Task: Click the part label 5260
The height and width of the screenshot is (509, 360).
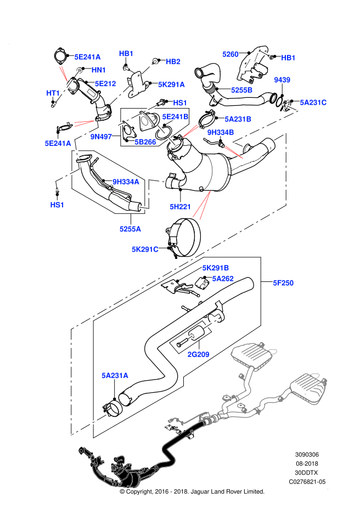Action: [230, 54]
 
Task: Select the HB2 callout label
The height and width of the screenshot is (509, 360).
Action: [173, 62]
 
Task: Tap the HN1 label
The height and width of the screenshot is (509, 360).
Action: [99, 70]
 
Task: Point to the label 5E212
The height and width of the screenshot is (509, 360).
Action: [105, 84]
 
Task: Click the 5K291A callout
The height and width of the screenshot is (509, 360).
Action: [171, 84]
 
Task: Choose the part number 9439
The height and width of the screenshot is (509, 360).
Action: [282, 80]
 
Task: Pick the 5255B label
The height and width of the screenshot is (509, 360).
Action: [241, 90]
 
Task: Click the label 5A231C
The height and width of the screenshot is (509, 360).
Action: [313, 103]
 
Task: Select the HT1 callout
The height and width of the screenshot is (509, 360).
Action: [53, 93]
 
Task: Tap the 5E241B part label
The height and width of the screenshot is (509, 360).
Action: [175, 117]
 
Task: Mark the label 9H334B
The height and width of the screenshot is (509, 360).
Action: [221, 132]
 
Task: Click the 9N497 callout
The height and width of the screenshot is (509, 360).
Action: [101, 137]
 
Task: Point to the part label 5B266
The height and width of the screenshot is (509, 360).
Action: [145, 142]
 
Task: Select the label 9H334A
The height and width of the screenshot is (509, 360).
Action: [126, 182]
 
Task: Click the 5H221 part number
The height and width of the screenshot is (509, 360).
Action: [180, 207]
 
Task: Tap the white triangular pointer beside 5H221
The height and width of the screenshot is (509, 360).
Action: [201, 208]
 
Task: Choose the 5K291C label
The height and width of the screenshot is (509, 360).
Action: [145, 250]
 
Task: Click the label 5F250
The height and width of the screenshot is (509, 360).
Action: [283, 283]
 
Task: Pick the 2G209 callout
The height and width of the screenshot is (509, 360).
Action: [198, 354]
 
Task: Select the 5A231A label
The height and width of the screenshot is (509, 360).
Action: [115, 376]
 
